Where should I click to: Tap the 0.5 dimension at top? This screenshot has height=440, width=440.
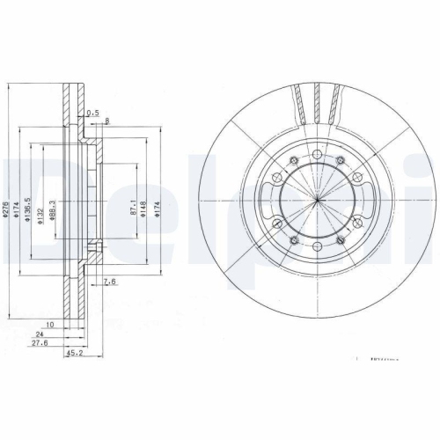pyautogui.click(x=92, y=112)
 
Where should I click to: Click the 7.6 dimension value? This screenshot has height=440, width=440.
pyautogui.click(x=110, y=282)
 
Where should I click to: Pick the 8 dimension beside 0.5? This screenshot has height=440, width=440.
pyautogui.click(x=106, y=120)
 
